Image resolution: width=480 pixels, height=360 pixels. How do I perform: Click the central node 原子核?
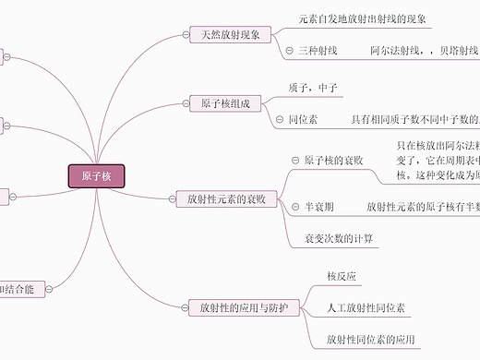[x=96, y=176]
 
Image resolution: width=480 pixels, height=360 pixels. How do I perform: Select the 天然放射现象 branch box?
[x=230, y=36]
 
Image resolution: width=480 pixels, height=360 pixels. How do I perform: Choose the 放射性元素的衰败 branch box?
[x=226, y=198]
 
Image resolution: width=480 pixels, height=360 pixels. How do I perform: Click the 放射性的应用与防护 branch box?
[x=237, y=306]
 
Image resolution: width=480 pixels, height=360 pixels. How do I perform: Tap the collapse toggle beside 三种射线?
[x=290, y=51]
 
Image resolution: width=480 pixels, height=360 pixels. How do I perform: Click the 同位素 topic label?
[x=303, y=119]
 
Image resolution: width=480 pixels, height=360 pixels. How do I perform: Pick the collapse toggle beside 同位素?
[x=280, y=119]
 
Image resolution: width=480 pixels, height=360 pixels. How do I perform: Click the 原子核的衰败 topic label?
[x=333, y=161]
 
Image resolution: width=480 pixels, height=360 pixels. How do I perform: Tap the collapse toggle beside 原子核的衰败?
[x=294, y=161]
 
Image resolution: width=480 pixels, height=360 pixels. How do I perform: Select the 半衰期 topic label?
[x=318, y=207]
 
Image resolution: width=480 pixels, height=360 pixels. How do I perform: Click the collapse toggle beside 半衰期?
[x=294, y=207]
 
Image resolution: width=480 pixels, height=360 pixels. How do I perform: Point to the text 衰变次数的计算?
[x=339, y=238]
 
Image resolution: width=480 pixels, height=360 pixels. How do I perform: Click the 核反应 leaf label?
[x=342, y=276]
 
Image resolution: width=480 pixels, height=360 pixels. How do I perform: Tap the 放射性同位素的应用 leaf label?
[x=371, y=339]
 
